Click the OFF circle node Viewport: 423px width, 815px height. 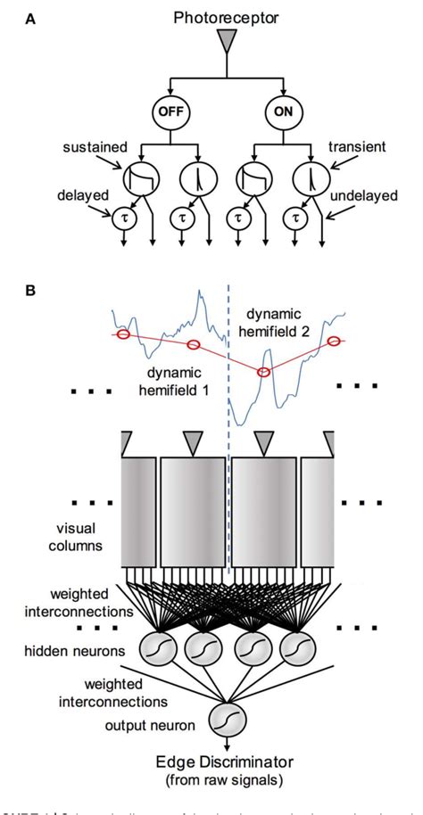tap(168, 114)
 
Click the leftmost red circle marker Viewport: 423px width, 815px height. tap(123, 334)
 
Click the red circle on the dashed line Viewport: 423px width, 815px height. tap(263, 372)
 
